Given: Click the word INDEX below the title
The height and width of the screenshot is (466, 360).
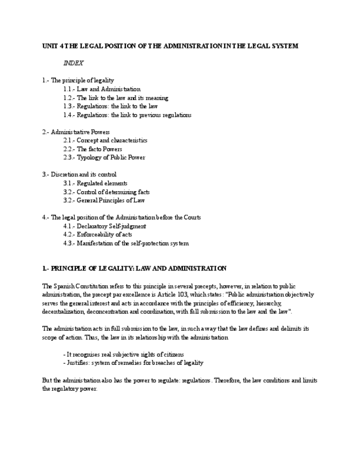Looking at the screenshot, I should click(73, 63).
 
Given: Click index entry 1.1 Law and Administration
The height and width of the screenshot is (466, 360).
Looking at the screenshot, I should click(102, 89).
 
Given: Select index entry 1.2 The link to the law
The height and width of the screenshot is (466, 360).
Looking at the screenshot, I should click(115, 98).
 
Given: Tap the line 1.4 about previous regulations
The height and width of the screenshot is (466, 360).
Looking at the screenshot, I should click(127, 115).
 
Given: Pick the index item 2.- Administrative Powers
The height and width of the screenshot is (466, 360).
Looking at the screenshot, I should click(76, 132).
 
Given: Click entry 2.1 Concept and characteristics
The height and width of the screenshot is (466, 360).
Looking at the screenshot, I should click(105, 141).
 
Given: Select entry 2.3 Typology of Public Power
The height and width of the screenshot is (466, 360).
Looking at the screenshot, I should click(104, 158).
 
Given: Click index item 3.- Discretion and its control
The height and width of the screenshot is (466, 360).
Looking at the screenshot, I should click(79, 175).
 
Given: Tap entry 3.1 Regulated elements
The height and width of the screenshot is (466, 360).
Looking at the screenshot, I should click(95, 184).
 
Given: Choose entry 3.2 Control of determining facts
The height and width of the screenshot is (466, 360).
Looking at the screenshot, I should click(106, 192).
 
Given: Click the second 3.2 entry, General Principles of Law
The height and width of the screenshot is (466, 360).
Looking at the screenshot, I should click(104, 201).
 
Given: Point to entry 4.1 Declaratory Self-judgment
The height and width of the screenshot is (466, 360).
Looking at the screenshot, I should click(104, 226).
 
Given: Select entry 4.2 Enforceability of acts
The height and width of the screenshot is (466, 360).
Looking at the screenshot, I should click(97, 235).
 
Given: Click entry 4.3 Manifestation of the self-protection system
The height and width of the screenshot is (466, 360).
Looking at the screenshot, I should click(126, 243).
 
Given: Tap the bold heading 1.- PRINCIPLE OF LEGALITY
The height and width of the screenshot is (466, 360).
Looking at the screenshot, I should click(134, 269).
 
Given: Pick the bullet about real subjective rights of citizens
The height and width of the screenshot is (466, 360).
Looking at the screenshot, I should click(124, 354).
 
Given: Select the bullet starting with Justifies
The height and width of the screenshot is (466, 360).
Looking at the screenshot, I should click(133, 363).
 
